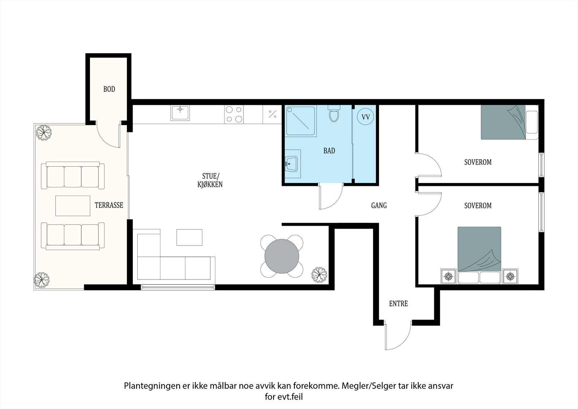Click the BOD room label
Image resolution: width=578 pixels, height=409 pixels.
coord(109,89)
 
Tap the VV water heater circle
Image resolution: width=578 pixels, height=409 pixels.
coord(365,117)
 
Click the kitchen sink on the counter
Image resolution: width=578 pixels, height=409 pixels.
coord(180,113)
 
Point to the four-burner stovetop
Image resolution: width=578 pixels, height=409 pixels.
coord(234,115)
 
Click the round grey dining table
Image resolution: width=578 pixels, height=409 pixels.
coord(282,256)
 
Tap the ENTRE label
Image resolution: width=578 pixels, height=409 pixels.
coord(398,303)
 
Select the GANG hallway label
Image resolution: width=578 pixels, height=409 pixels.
coord(379,205)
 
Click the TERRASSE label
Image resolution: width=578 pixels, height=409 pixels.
coord(109,205)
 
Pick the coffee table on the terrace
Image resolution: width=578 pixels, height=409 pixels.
coord(73,206)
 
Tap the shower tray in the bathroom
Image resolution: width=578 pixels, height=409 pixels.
coord(301,121)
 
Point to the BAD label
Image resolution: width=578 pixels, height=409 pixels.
coord(329,151)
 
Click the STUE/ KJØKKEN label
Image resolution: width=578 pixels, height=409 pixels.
coord(210,180)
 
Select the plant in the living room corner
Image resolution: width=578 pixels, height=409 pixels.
coord(319,275)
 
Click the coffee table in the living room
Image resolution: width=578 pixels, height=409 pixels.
coord(189,237)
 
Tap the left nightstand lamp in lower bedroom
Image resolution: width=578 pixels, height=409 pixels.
coord(449,276)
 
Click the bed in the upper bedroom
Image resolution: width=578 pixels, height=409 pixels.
coord(510,122)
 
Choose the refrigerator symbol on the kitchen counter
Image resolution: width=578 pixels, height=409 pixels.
coord(272,114)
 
